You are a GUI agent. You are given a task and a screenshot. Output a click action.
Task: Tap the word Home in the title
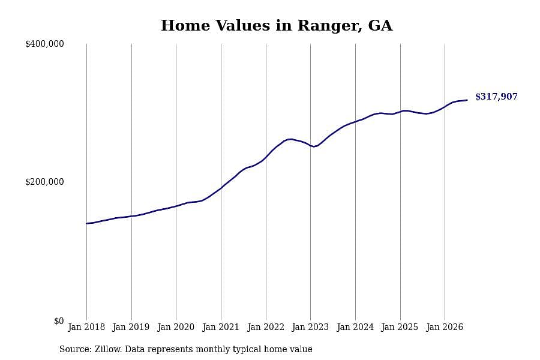[x=185, y=25]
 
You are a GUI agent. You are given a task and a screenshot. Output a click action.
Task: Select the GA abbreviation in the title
[x=380, y=25]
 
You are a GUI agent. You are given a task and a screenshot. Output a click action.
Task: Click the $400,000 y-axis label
[x=44, y=44]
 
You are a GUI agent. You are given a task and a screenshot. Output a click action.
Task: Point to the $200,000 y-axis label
[x=44, y=182]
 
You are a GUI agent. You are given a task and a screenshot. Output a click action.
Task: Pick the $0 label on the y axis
[x=59, y=321]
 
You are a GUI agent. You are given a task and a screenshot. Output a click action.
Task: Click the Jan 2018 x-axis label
[x=86, y=327]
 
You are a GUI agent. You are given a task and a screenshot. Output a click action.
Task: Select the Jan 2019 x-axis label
[x=131, y=327]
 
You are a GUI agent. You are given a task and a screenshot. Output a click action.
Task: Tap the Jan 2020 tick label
[x=176, y=327]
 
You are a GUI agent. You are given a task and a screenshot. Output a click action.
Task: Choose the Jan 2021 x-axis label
[x=221, y=327]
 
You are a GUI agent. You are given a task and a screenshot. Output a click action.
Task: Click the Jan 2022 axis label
[x=266, y=327]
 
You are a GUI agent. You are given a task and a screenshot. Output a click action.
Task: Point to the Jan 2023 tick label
[x=310, y=327]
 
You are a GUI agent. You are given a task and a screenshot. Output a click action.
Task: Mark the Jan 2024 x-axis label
[x=355, y=327]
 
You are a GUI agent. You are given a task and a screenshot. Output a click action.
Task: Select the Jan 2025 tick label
[x=400, y=327]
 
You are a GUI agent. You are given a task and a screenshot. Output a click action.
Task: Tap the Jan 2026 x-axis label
[x=445, y=327]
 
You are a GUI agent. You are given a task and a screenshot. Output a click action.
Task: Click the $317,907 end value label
[x=496, y=97]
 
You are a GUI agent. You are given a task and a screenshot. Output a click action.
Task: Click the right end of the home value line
[x=467, y=100]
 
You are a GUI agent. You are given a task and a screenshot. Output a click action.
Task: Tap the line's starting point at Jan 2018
[x=86, y=224]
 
